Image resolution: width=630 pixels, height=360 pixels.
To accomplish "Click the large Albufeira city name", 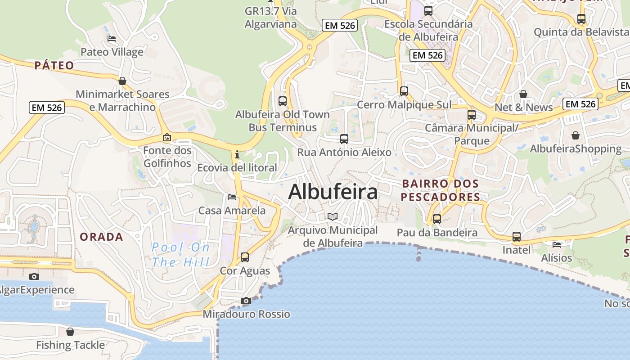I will (x=333, y=192).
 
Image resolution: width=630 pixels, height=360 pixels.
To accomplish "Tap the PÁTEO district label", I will (x=54, y=65).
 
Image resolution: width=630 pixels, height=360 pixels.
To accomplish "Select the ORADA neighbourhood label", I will (x=101, y=237).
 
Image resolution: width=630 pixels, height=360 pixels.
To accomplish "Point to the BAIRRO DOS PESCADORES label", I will (x=441, y=190).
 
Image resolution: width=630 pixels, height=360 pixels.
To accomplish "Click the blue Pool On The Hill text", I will (x=181, y=254).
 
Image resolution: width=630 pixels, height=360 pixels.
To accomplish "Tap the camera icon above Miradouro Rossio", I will (x=246, y=301).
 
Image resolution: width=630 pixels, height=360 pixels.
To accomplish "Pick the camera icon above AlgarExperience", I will (x=34, y=276).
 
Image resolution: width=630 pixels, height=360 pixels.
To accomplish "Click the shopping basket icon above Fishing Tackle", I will (x=70, y=332).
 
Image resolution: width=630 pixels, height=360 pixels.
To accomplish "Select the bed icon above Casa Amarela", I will (x=232, y=197).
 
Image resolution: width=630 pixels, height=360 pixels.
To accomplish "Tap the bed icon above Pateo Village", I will (x=112, y=39).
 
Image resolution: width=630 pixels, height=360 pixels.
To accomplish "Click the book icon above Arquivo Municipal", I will (x=333, y=217).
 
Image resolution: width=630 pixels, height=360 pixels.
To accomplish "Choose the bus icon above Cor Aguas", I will (x=245, y=257).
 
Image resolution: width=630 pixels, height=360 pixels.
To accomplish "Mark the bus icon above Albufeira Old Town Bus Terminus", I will (x=283, y=101).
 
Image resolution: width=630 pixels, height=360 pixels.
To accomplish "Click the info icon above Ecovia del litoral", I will (x=237, y=155).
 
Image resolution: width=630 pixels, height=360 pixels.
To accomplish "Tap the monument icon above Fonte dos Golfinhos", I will (x=167, y=137).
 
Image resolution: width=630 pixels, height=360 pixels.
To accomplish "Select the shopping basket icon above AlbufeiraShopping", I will (x=576, y=135).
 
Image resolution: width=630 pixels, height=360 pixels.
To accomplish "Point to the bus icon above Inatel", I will (x=517, y=237).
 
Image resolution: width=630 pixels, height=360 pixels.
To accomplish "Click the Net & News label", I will (x=523, y=108).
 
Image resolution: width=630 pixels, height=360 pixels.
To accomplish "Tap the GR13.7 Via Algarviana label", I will (x=271, y=18).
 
